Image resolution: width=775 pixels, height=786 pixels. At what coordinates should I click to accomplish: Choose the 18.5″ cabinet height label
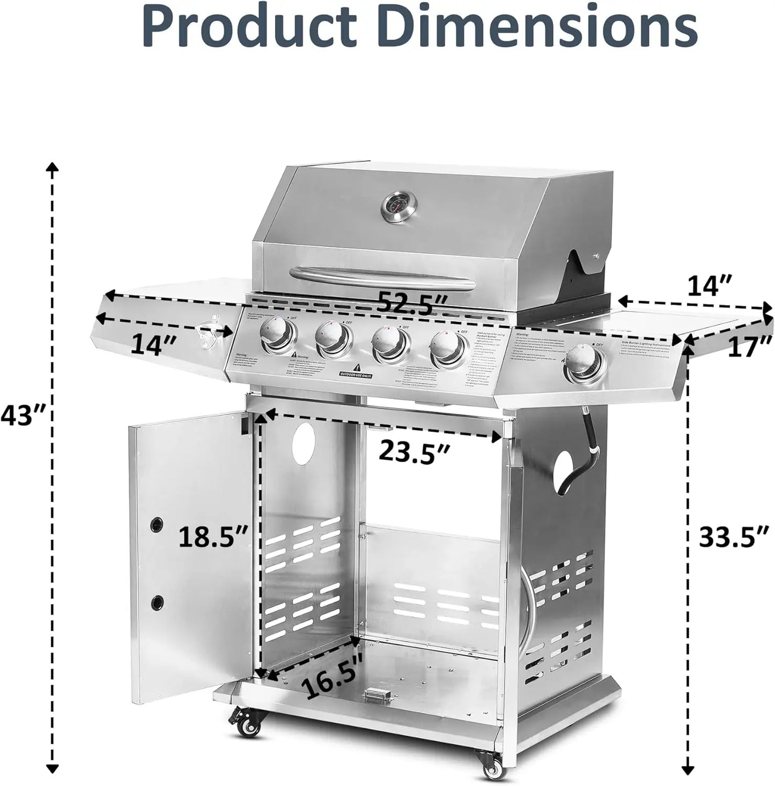click(213, 536)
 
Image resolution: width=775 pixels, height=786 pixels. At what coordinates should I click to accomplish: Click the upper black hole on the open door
click(157, 523)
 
